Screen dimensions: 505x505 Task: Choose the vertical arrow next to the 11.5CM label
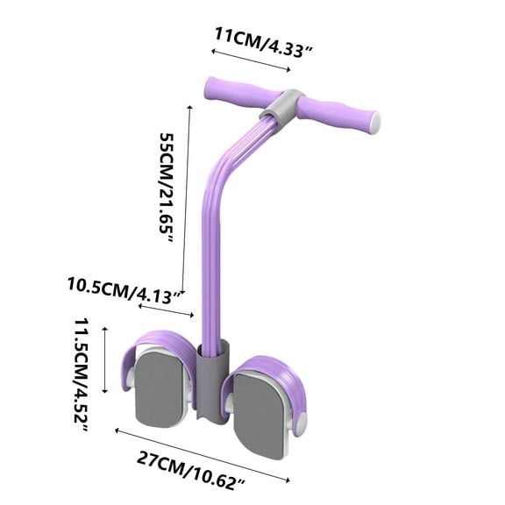point(105,359)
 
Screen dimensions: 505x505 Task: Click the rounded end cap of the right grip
point(376,122)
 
